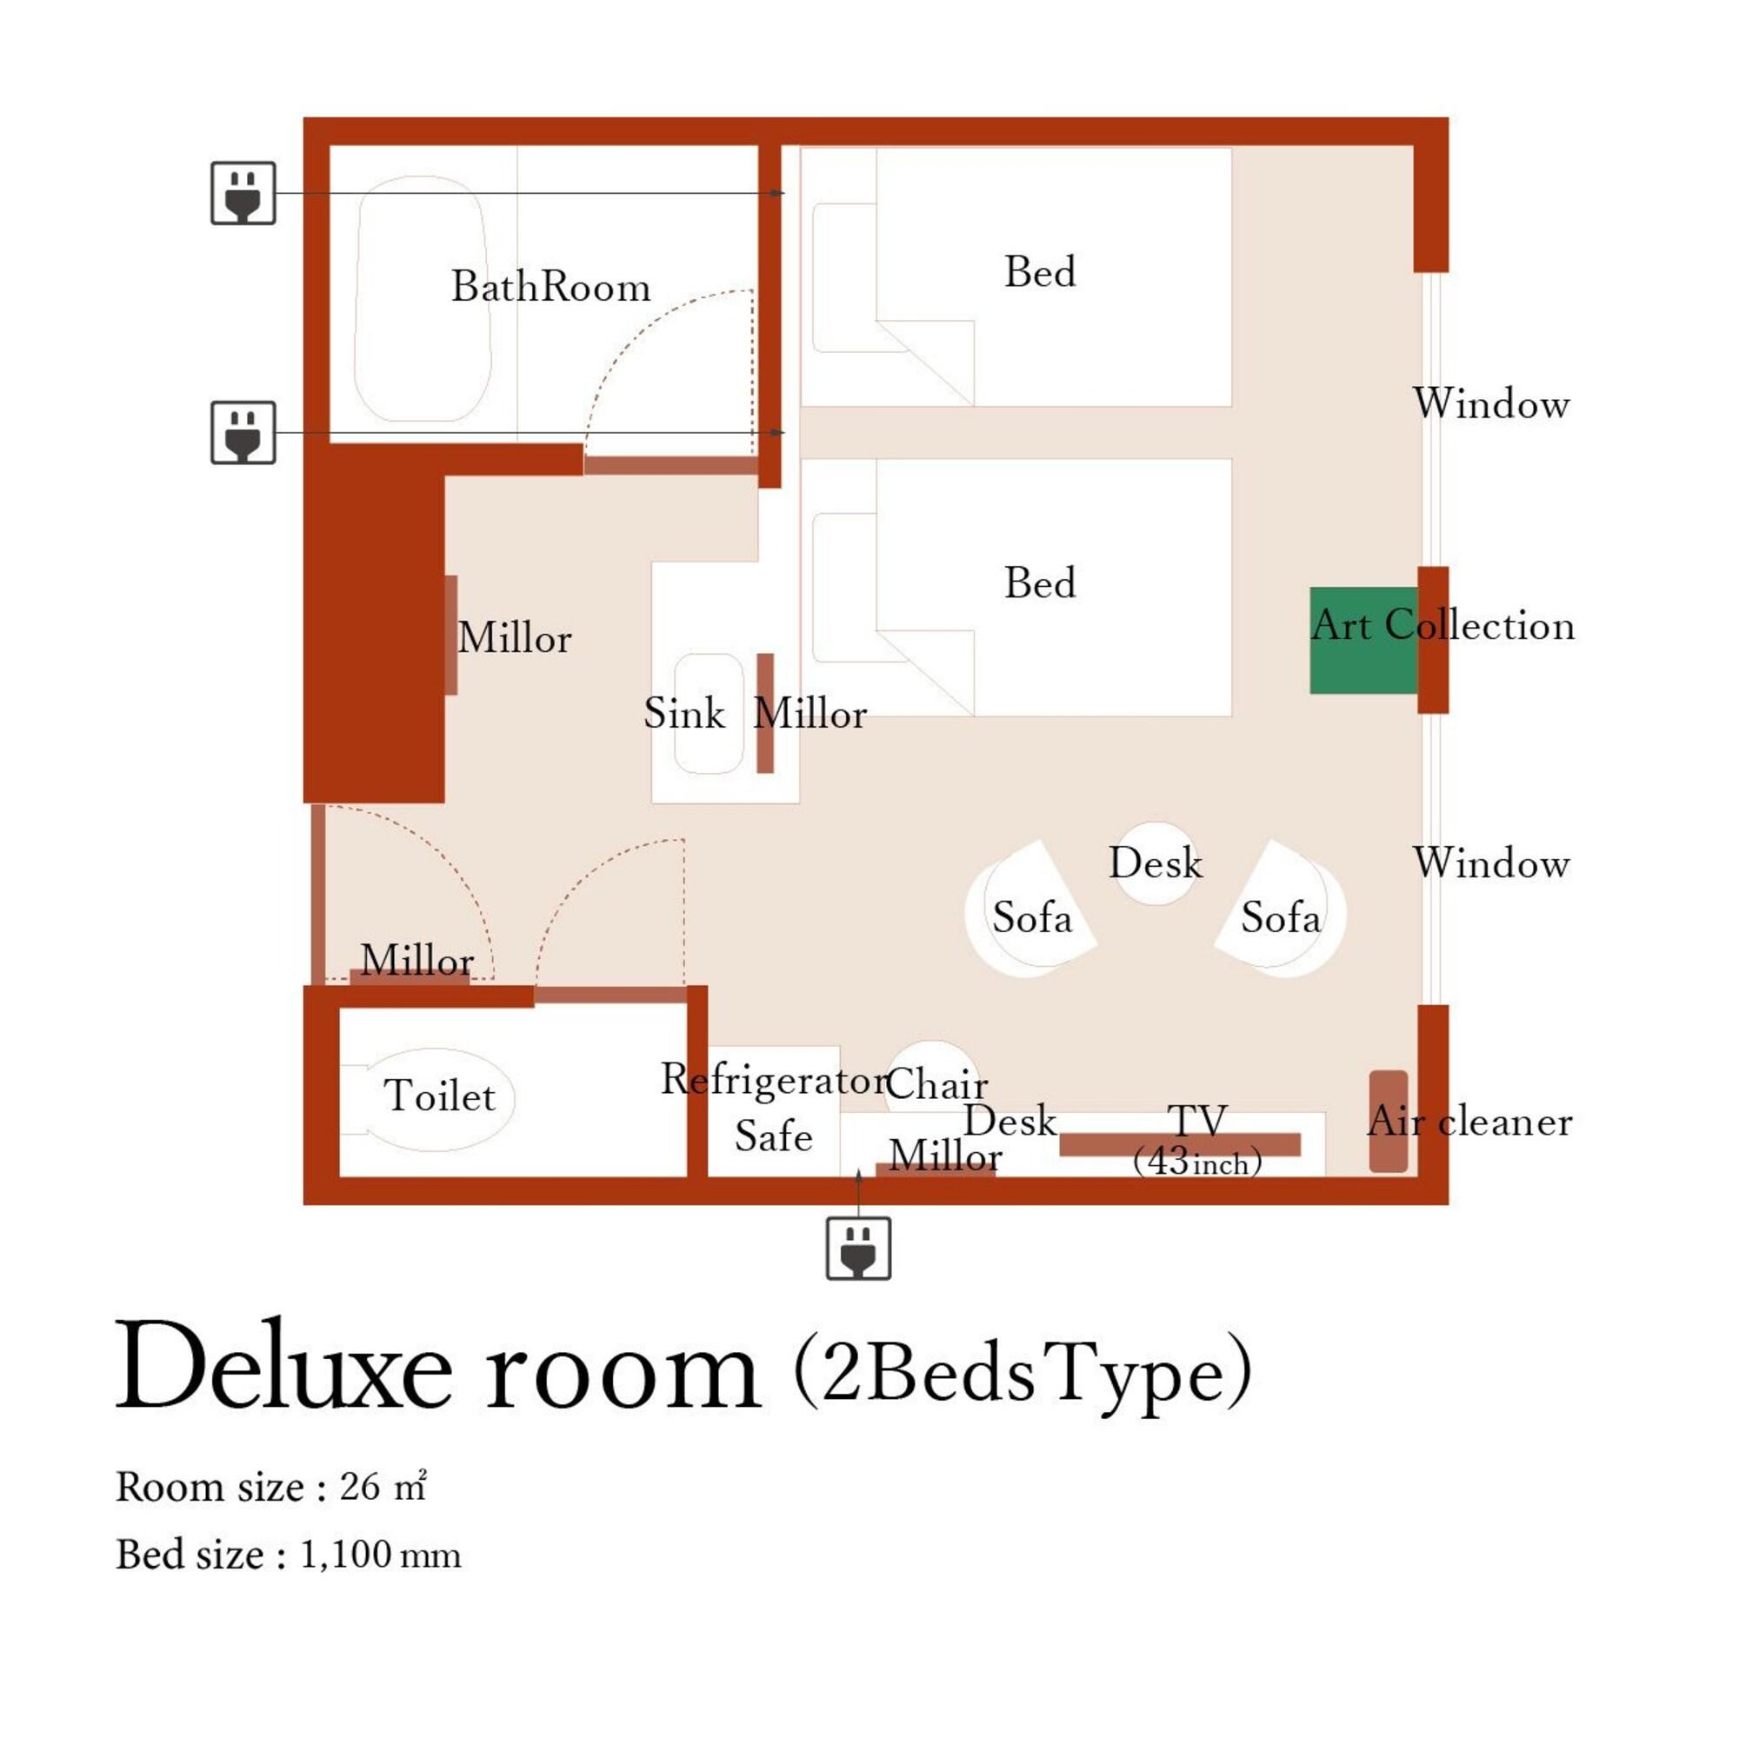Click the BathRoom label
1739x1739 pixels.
coord(550,287)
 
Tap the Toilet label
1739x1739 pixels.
coord(439,1096)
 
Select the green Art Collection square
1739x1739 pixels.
coord(1363,640)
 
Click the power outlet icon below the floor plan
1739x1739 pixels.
coord(858,1248)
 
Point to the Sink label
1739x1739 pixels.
coord(684,714)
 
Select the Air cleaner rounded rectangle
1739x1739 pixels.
coord(1388,1121)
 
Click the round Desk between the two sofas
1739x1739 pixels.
coord(1156,863)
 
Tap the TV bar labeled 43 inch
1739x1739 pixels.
coord(1179,1144)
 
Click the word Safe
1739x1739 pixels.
coord(773,1136)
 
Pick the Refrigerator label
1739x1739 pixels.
coord(774,1078)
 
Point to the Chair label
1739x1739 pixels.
coord(936,1083)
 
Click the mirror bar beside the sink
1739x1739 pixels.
coord(765,713)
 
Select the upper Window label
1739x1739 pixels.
coord(1490,403)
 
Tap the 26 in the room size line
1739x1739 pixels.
coord(359,1486)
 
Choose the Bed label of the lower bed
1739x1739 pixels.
coord(1040,583)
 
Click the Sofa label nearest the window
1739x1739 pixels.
coord(1280,918)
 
